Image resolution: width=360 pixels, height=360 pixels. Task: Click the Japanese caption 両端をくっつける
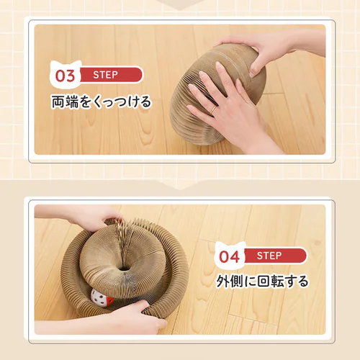click(100, 102)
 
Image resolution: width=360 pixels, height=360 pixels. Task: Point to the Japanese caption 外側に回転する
click(264, 281)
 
